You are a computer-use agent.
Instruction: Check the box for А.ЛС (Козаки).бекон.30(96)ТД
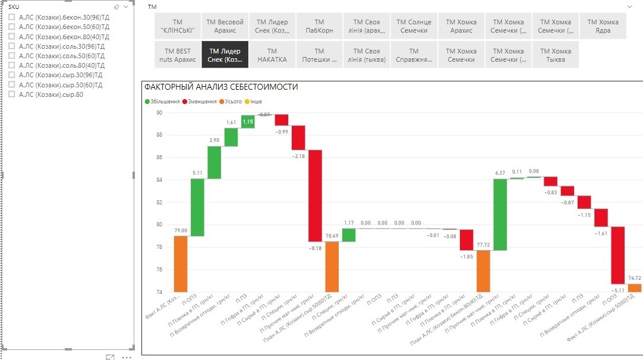click(12, 18)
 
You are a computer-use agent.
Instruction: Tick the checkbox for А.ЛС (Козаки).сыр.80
click(12, 94)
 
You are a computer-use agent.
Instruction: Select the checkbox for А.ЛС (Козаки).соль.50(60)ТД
click(12, 56)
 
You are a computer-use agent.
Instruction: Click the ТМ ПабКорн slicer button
click(319, 26)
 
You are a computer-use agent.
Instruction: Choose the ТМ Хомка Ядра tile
click(603, 26)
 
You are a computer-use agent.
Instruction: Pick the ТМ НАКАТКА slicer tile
click(272, 55)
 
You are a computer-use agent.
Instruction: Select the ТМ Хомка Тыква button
click(556, 55)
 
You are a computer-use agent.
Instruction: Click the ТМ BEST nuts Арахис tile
click(178, 55)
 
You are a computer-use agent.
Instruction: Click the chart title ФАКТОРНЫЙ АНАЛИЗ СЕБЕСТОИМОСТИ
click(221, 87)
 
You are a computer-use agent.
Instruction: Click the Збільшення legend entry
click(162, 102)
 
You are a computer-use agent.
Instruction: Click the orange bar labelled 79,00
click(181, 264)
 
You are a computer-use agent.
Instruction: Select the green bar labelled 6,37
click(500, 214)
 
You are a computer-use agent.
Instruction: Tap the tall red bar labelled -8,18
click(315, 195)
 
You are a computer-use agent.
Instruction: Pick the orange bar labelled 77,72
click(483, 271)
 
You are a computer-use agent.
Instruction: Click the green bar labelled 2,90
click(215, 162)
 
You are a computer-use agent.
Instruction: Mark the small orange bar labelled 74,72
click(635, 288)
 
